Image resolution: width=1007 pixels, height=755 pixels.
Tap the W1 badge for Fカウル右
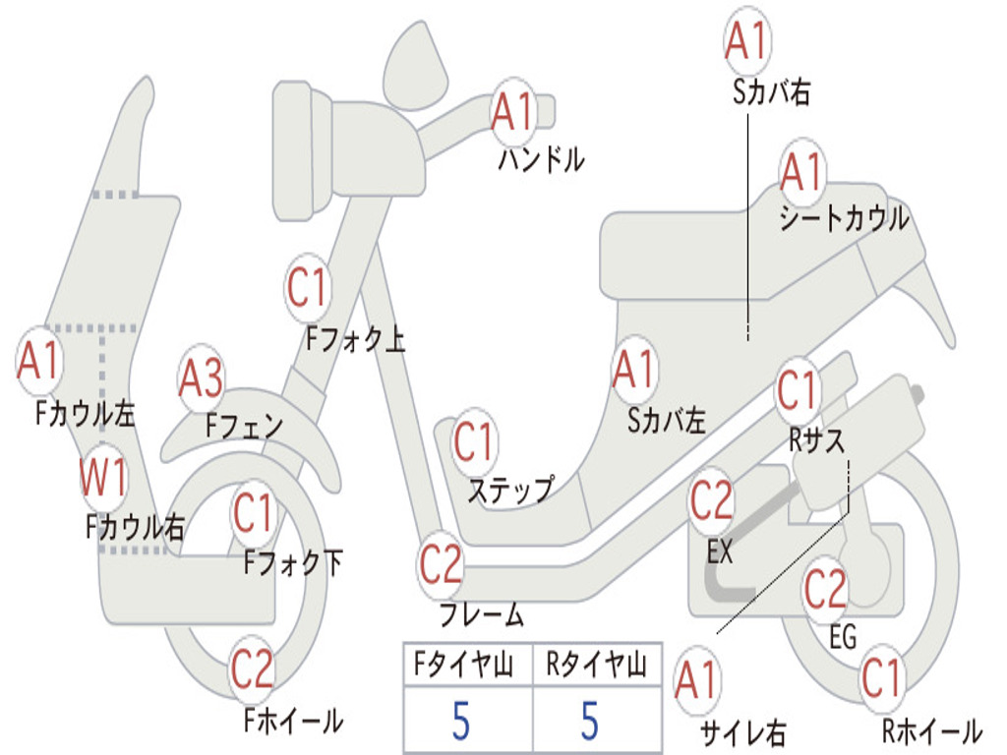click(x=102, y=477)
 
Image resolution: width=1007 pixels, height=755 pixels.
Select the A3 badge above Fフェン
click(x=201, y=378)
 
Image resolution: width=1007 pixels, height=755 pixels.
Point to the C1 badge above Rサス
click(x=797, y=390)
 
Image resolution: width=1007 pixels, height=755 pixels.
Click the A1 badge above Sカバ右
click(x=747, y=40)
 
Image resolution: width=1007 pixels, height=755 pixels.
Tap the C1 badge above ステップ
click(x=474, y=441)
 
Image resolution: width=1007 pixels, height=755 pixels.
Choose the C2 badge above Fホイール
click(x=253, y=668)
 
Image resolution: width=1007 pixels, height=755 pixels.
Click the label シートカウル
click(x=844, y=218)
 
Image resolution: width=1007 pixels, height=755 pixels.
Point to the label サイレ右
click(x=742, y=732)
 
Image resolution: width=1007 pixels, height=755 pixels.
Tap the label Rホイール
click(x=932, y=730)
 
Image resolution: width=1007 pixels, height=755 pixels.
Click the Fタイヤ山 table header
click(x=464, y=665)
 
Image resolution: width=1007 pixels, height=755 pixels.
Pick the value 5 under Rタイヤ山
click(x=590, y=721)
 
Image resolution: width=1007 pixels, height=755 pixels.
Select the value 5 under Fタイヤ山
click(x=460, y=721)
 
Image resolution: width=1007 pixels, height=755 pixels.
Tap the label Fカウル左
click(x=85, y=414)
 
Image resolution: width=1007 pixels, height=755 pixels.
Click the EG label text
click(x=843, y=637)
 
